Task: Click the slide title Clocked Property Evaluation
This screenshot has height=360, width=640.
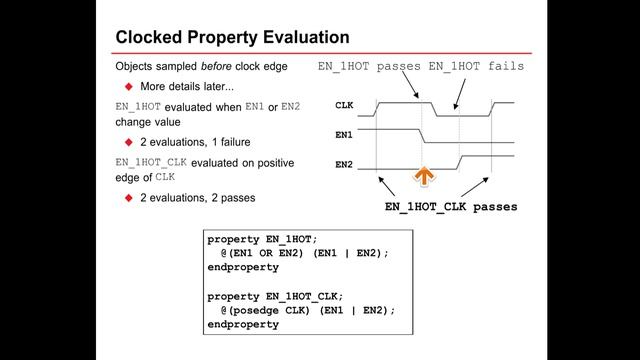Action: tap(232, 37)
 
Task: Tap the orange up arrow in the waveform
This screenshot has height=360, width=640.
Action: tap(424, 178)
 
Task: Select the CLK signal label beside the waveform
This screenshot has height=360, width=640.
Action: tap(344, 104)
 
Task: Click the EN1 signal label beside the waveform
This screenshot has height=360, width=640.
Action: tap(344, 132)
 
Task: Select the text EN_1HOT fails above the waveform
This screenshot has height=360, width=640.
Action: tap(476, 66)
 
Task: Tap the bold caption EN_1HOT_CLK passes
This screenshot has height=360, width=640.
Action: tap(451, 208)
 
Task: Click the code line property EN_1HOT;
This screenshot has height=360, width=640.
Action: tap(261, 239)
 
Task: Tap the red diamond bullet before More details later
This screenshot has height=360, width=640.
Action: tap(128, 86)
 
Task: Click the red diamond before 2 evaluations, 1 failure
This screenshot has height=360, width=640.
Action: tap(128, 141)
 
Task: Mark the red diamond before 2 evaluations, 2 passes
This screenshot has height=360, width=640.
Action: tap(128, 197)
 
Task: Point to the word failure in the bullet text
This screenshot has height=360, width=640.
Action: tap(230, 141)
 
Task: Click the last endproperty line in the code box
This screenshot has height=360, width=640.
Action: tap(243, 325)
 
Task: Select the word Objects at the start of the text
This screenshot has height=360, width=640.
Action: tap(136, 66)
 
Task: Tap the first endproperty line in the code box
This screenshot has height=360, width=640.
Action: tap(243, 268)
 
